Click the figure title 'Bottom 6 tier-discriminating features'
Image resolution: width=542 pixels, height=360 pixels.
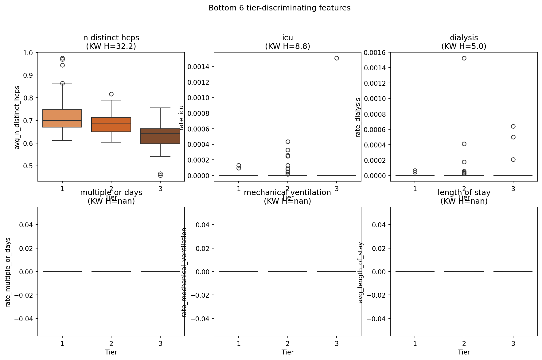click(279, 8)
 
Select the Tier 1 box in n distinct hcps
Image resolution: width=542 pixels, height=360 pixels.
click(62, 118)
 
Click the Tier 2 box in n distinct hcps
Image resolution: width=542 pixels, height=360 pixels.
click(111, 125)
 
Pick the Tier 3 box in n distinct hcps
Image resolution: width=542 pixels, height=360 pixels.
click(160, 136)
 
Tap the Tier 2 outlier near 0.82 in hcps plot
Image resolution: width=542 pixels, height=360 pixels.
click(111, 94)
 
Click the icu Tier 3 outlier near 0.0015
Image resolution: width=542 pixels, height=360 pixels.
click(337, 58)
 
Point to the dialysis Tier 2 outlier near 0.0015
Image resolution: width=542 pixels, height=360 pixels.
click(464, 58)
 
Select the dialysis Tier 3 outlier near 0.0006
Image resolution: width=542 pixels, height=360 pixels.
click(513, 126)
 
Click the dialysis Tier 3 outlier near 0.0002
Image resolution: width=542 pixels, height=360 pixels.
click(513, 159)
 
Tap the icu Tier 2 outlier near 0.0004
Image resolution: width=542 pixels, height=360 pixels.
click(288, 142)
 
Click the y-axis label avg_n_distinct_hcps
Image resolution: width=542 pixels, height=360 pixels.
click(17, 118)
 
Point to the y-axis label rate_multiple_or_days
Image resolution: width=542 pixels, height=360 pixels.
click(8, 272)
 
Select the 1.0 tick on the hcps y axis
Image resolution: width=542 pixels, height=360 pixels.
click(28, 53)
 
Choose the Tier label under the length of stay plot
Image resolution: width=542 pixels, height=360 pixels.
click(464, 352)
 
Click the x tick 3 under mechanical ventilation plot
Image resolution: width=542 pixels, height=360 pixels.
click(337, 343)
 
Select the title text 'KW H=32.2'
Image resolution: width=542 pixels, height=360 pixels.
click(111, 46)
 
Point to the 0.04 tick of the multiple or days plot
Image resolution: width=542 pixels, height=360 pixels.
click(26, 225)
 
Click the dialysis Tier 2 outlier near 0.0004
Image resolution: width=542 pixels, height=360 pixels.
click(464, 144)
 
